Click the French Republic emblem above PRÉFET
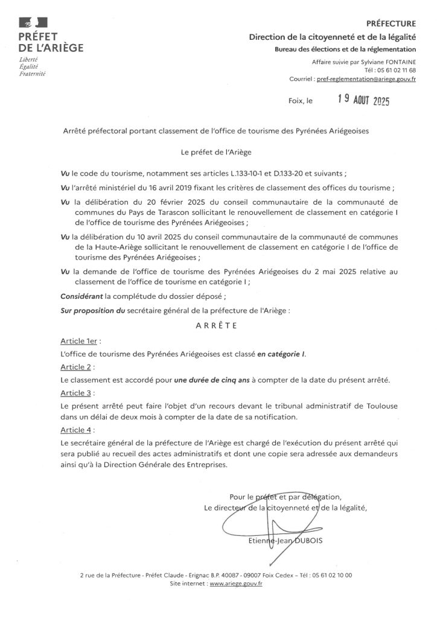click(x=28, y=23)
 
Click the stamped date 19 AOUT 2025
click(x=363, y=102)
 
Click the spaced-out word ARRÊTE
click(x=217, y=325)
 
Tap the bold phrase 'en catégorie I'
click(x=281, y=354)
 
